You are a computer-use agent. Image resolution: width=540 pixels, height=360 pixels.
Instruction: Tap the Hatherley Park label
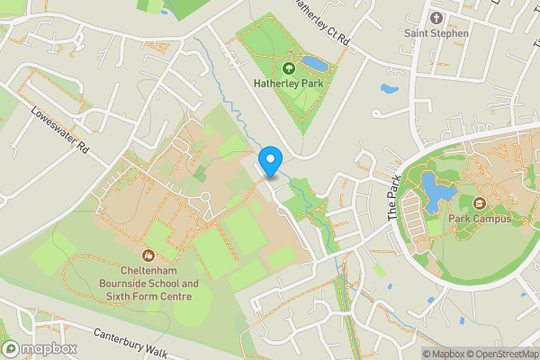(x=288, y=84)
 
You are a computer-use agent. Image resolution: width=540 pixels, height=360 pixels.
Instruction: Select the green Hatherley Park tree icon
(x=289, y=67)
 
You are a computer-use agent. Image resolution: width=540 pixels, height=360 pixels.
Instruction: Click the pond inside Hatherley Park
(x=315, y=65)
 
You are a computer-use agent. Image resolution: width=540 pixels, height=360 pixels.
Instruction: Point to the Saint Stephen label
(x=436, y=33)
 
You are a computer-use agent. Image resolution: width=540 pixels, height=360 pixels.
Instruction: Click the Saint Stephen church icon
(x=436, y=18)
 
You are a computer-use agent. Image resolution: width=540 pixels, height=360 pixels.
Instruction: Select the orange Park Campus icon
(x=480, y=203)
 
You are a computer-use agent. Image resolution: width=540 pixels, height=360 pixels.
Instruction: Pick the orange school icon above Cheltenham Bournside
(x=150, y=255)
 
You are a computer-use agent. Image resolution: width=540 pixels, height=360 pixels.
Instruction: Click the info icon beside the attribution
(x=411, y=354)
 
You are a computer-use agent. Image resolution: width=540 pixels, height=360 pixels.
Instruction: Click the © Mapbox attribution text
(x=442, y=354)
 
